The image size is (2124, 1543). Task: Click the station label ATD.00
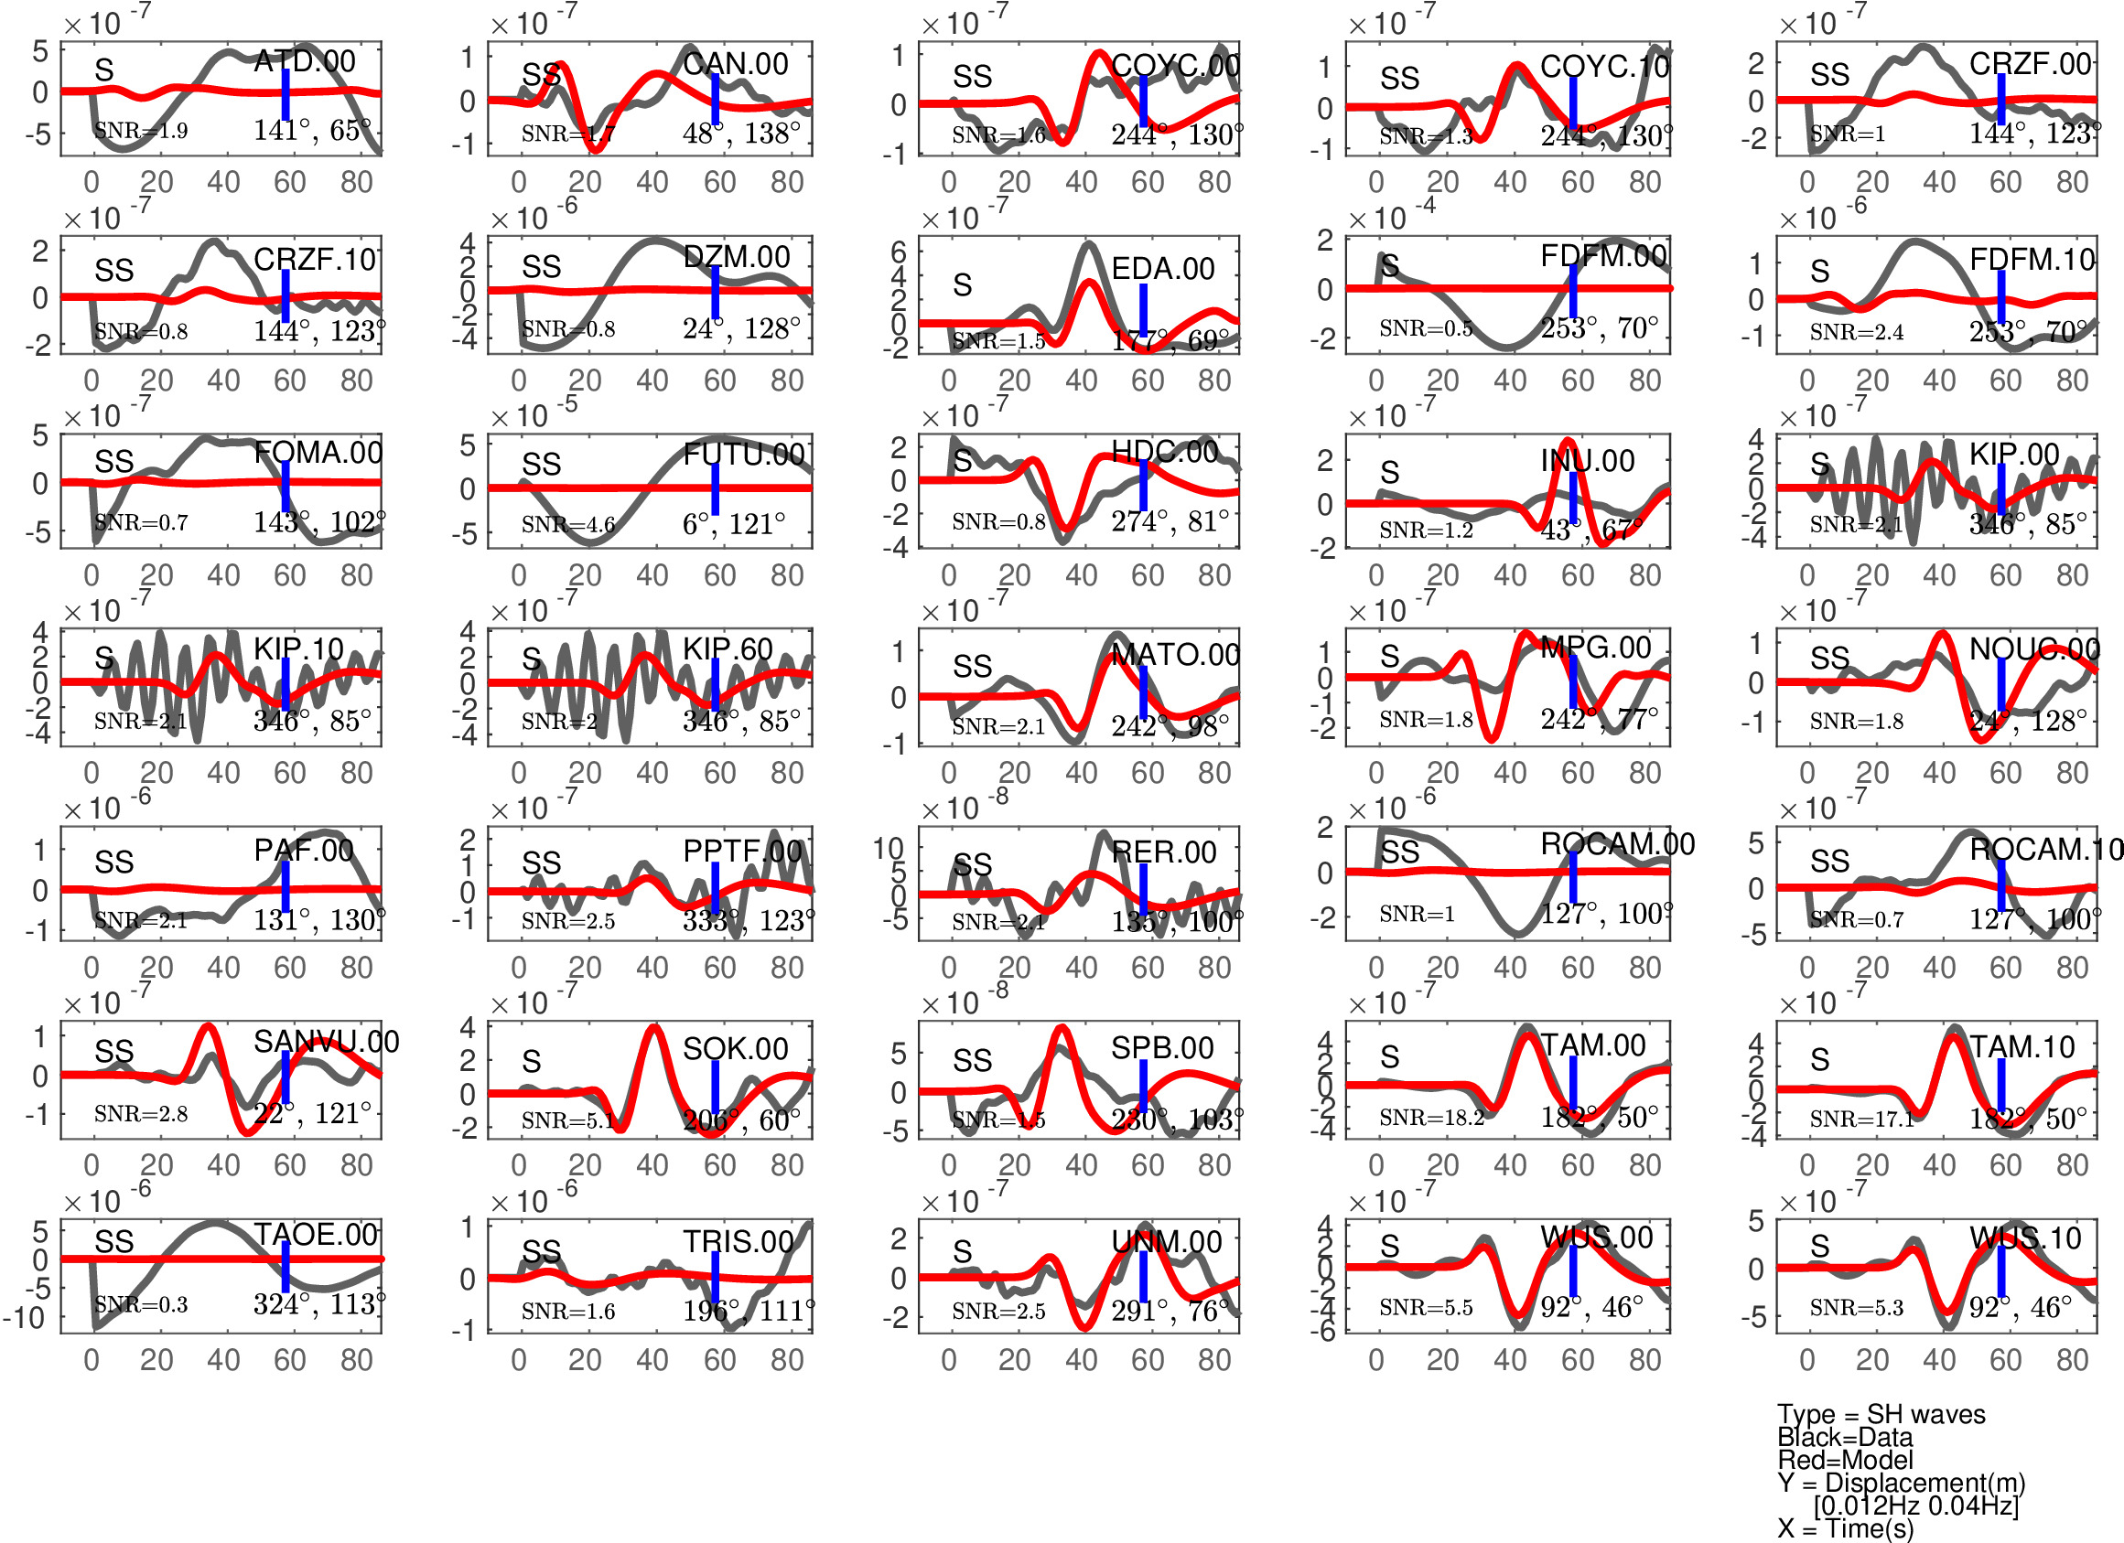305,62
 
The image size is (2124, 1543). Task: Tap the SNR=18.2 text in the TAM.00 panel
1431,1117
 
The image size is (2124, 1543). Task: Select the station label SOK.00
735,1049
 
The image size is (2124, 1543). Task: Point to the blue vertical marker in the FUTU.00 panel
715,488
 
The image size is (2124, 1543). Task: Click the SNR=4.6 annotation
567,524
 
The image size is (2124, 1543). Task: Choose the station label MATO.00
1175,655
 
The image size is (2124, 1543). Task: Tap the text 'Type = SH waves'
1881,1414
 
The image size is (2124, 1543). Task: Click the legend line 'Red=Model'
1845,1460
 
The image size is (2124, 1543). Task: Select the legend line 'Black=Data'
1845,1437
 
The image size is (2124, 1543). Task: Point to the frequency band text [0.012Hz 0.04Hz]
1916,1505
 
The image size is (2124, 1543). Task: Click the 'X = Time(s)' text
1845,1528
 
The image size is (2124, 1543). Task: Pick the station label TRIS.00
738,1241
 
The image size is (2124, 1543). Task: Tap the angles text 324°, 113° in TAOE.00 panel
318,1303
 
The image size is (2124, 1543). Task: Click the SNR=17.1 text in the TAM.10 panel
1861,1118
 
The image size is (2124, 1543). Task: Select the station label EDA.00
1162,269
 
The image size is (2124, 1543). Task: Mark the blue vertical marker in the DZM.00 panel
715,291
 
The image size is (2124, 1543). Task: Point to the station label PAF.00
304,850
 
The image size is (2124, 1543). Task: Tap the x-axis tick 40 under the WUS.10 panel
1938,1359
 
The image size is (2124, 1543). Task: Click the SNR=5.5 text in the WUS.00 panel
1426,1307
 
